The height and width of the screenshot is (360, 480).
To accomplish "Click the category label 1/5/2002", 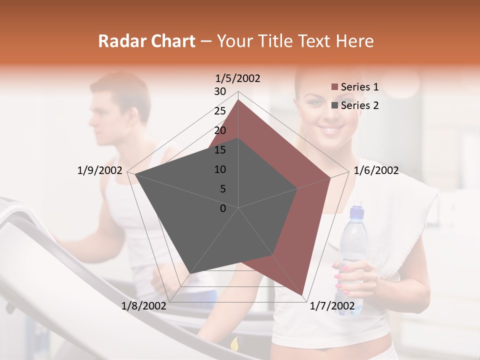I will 238,78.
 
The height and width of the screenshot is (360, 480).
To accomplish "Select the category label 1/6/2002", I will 376,170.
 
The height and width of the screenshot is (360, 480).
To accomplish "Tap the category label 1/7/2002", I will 332,305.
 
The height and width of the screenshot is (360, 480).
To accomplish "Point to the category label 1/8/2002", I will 144,305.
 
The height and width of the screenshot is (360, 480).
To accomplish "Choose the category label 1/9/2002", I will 100,170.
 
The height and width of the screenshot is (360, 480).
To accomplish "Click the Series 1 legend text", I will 359,87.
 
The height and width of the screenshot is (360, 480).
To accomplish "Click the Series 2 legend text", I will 359,105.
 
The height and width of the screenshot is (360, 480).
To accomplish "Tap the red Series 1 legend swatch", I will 334,87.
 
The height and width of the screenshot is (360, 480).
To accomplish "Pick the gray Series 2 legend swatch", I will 334,105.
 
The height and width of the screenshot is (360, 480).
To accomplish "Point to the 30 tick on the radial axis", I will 220,91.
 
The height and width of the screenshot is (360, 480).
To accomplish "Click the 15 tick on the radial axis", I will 220,150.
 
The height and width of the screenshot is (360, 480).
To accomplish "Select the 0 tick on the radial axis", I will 223,208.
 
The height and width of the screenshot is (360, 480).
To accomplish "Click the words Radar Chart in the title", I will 146,41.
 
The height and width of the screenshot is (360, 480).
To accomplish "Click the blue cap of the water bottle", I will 356,212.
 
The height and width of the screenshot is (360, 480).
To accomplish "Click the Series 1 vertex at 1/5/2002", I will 238,99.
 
